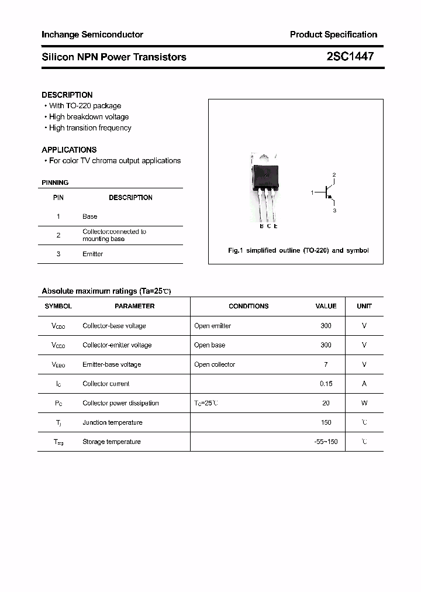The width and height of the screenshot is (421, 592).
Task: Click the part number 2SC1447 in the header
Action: click(x=350, y=57)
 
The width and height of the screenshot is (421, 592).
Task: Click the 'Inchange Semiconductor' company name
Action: click(x=92, y=35)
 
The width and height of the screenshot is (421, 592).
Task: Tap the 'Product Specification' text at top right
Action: click(x=333, y=35)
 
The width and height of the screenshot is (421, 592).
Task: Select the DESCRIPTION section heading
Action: click(x=67, y=95)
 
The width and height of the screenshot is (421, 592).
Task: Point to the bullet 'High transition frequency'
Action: click(x=90, y=128)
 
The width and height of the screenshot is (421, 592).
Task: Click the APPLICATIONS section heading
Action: click(x=69, y=150)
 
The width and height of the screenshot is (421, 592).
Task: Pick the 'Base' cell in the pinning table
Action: click(x=90, y=216)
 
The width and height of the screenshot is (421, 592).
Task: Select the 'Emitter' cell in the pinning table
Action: click(x=92, y=254)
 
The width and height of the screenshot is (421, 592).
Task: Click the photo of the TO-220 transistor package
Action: click(x=264, y=187)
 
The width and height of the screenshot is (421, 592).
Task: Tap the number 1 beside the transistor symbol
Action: click(x=312, y=192)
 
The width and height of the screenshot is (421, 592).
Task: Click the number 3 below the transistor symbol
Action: click(x=334, y=210)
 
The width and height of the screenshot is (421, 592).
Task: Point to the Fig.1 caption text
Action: click(x=298, y=250)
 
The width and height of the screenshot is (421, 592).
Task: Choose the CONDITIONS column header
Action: click(x=249, y=306)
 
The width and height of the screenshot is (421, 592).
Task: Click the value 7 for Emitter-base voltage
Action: click(x=326, y=364)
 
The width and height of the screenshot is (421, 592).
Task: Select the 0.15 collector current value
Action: click(x=326, y=384)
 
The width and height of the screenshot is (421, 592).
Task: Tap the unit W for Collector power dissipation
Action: click(x=364, y=403)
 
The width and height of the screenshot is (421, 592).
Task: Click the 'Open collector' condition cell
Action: click(x=215, y=364)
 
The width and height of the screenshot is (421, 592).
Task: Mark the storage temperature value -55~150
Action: click(x=326, y=442)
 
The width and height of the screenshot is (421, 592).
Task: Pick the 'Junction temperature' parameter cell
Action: click(x=112, y=422)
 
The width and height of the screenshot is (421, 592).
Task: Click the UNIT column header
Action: click(x=364, y=306)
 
